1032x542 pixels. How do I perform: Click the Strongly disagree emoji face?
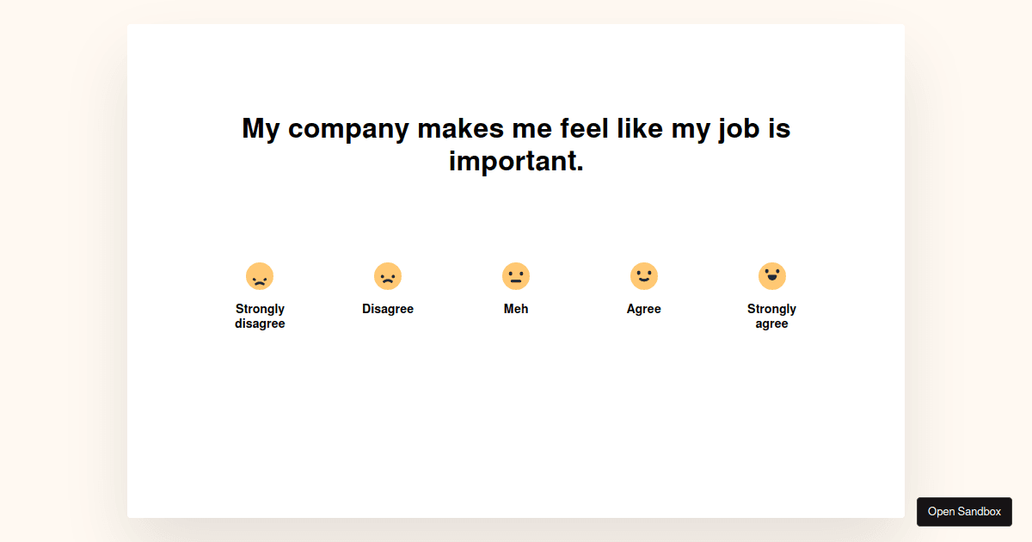260,276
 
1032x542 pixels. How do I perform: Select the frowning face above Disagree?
388,276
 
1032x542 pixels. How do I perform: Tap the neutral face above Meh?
516,276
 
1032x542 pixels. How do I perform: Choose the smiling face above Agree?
644,276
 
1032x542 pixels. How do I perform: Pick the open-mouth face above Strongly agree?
772,276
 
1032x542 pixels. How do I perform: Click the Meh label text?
516,309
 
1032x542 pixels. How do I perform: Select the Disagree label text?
388,309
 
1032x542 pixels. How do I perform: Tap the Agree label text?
643,309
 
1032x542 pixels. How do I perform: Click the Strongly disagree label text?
260,317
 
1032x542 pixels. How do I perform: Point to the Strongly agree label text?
771,317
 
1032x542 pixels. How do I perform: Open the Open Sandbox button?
964,512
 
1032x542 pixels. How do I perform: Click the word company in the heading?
348,128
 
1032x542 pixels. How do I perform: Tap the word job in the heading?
739,128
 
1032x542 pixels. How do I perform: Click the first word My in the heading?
261,128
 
